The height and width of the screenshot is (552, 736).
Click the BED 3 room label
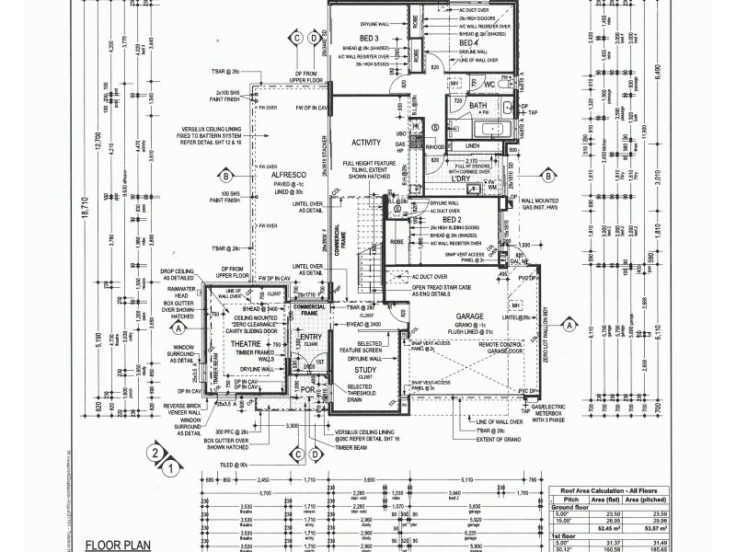372,38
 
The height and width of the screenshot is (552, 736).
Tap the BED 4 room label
467,43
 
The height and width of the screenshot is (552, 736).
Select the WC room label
489,86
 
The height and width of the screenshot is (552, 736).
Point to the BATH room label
477,107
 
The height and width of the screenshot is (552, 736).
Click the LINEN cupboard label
471,145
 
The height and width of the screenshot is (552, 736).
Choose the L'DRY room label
475,178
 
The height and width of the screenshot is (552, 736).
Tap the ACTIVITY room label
365,143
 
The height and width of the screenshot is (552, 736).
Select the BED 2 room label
452,221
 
